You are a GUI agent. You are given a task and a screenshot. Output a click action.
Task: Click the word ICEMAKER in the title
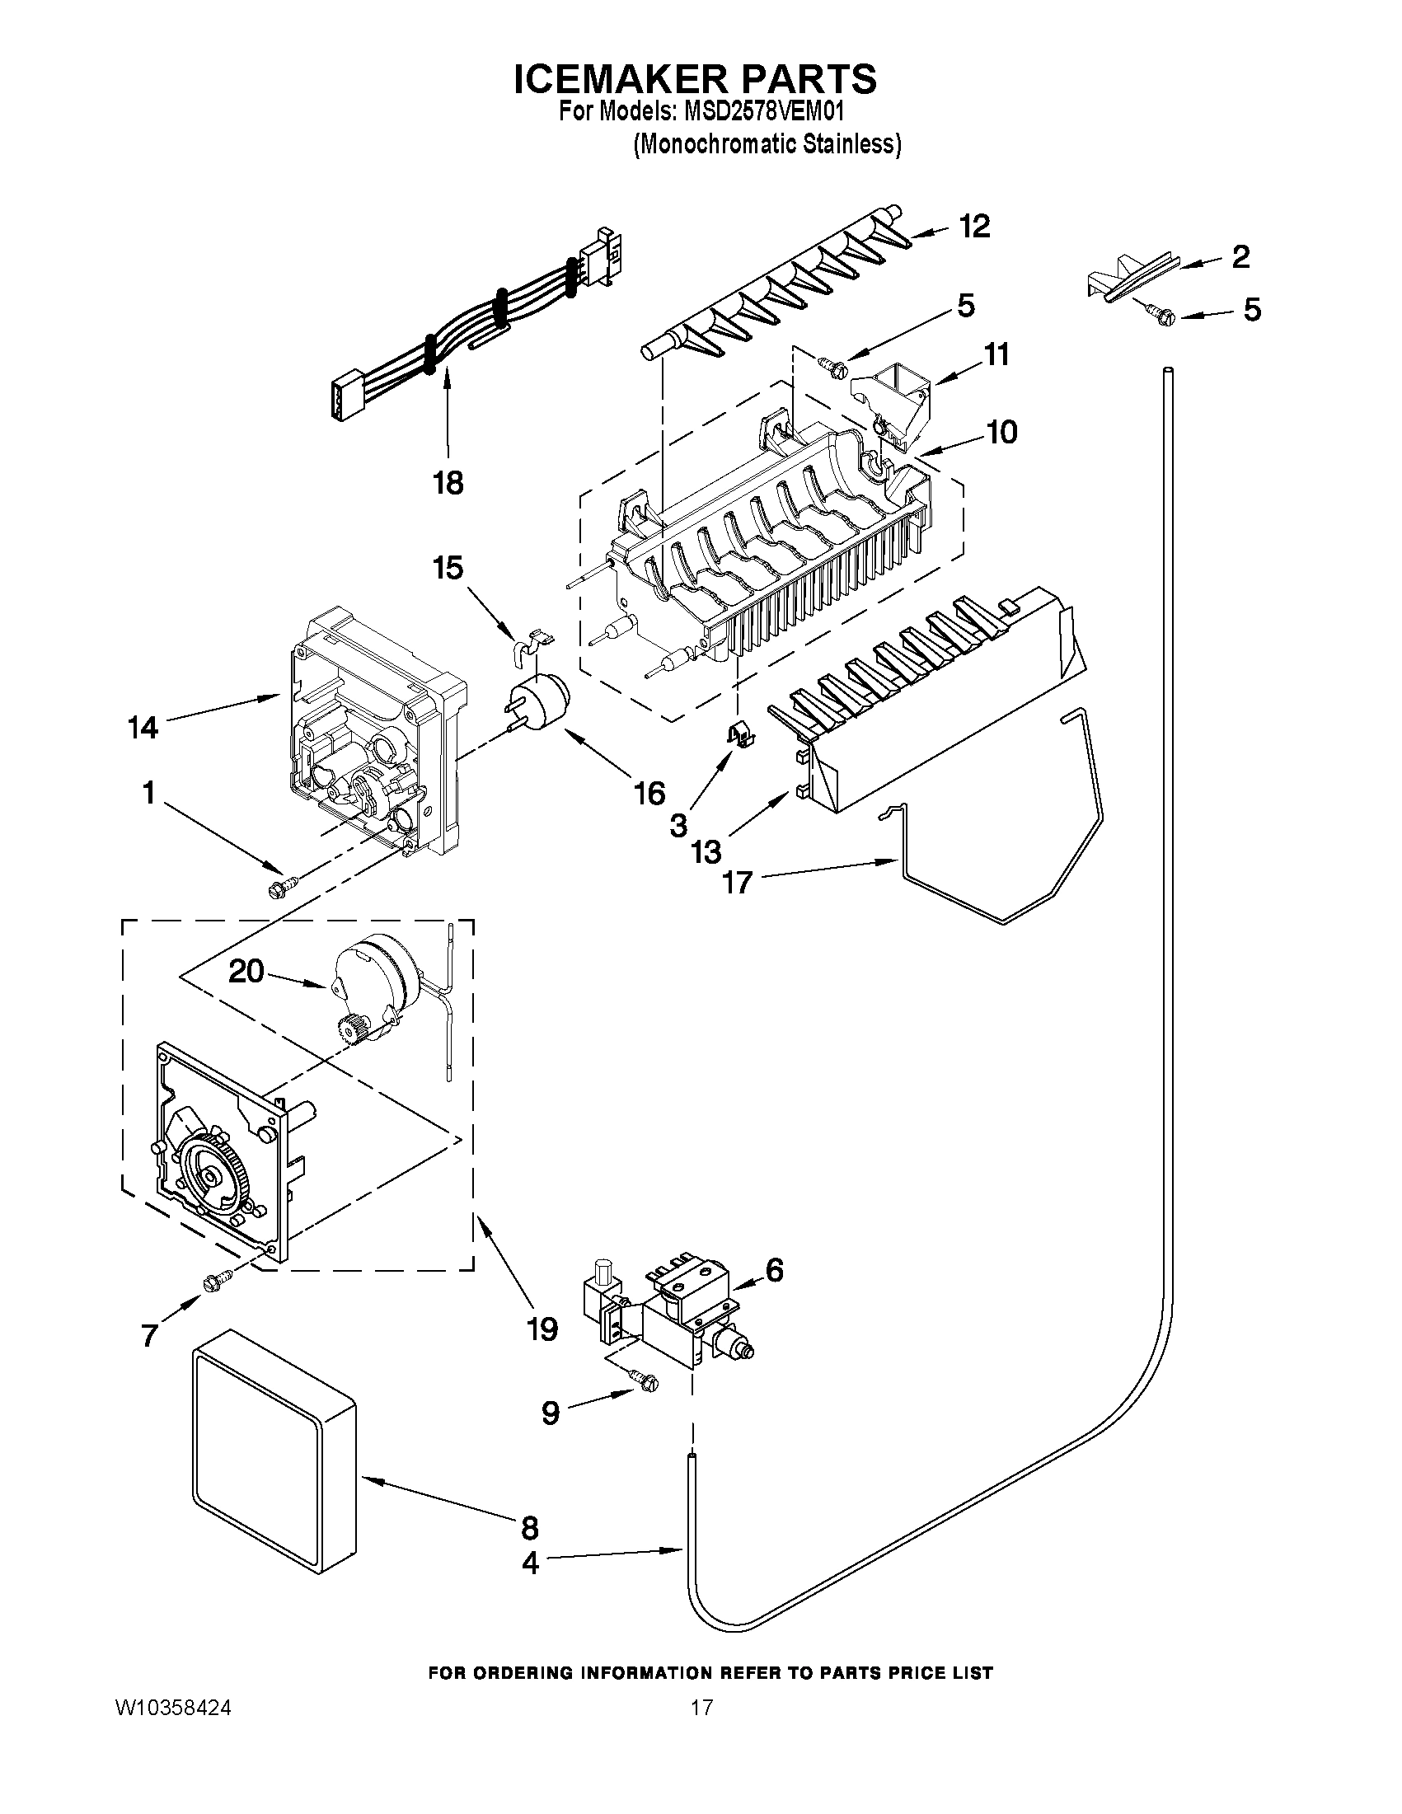(619, 79)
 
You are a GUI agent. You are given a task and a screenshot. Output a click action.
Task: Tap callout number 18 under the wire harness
(448, 483)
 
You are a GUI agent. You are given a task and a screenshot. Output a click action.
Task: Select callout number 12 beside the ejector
(975, 226)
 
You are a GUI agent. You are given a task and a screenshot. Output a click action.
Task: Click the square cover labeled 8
(274, 1463)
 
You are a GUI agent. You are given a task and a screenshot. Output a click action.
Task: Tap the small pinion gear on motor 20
(351, 1033)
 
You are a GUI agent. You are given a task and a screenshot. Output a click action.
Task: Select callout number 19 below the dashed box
(542, 1329)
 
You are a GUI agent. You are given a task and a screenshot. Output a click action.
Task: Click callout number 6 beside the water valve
(773, 1269)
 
